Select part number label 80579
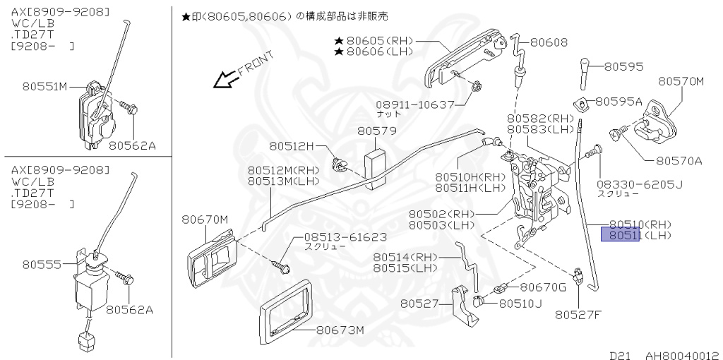click(376, 131)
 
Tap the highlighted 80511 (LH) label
click(620, 234)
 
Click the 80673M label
click(340, 330)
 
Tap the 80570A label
click(679, 160)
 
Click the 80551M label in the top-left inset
click(44, 87)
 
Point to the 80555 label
click(37, 265)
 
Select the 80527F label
click(577, 315)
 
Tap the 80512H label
click(290, 146)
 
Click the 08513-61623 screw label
click(345, 237)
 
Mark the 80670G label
click(543, 287)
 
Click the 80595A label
click(619, 102)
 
